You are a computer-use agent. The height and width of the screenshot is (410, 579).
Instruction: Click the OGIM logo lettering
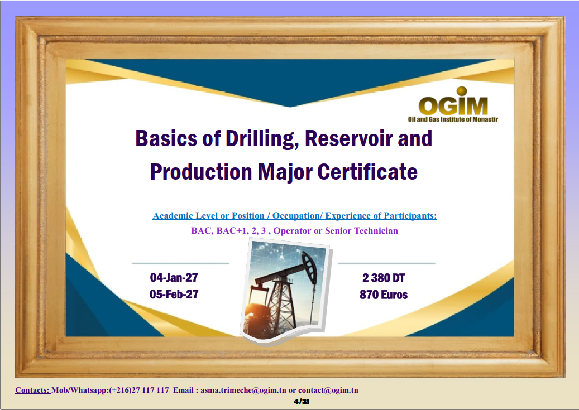pyautogui.click(x=453, y=106)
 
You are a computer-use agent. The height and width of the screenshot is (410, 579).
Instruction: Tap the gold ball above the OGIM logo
pyautogui.click(x=462, y=91)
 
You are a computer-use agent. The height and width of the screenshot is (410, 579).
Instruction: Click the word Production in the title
pyautogui.click(x=201, y=172)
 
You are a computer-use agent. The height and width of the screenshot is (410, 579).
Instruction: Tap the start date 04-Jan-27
pyautogui.click(x=174, y=277)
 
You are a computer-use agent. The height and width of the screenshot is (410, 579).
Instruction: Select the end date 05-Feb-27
pyautogui.click(x=174, y=294)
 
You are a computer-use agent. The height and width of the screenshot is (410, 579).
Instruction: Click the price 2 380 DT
pyautogui.click(x=384, y=278)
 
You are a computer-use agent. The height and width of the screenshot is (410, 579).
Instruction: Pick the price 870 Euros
pyautogui.click(x=384, y=295)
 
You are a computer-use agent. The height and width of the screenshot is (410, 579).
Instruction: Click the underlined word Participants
pyautogui.click(x=410, y=216)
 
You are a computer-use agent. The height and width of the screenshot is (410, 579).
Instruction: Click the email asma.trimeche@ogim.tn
pyautogui.click(x=243, y=390)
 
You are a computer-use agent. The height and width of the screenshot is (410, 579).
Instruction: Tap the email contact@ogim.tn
pyautogui.click(x=328, y=390)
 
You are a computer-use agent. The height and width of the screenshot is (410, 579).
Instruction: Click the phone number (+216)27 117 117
pyautogui.click(x=139, y=390)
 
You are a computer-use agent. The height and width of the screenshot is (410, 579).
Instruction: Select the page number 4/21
pyautogui.click(x=302, y=402)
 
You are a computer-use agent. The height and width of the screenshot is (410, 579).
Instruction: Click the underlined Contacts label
pyautogui.click(x=32, y=390)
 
